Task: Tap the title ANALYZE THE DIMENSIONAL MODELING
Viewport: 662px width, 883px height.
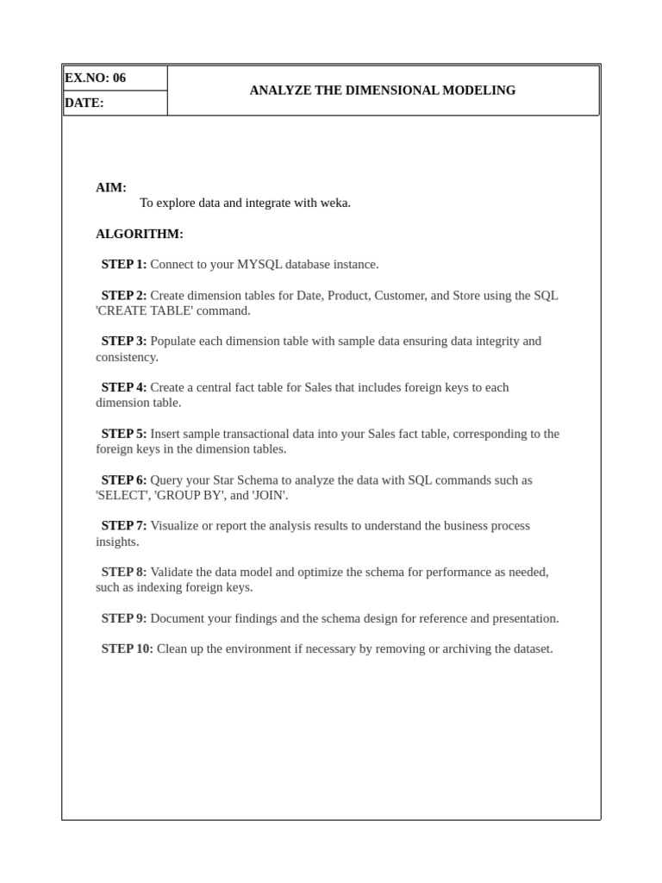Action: [x=382, y=90]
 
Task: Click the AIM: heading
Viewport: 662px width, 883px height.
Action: [x=111, y=187]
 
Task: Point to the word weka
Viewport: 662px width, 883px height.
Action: [x=334, y=203]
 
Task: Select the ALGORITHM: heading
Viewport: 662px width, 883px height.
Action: [x=139, y=234]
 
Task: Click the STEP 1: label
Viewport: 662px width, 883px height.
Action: [x=123, y=264]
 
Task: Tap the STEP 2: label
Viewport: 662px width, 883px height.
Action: [x=123, y=295]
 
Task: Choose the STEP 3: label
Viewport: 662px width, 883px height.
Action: [x=123, y=341]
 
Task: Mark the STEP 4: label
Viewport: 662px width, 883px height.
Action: [x=123, y=387]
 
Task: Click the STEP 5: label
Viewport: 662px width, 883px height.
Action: [x=123, y=433]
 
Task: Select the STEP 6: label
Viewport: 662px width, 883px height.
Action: [x=123, y=479]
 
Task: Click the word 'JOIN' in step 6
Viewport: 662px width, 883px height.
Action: [x=269, y=495]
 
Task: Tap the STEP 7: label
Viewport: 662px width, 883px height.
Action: [x=123, y=525]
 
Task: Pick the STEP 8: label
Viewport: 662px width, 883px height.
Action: [x=123, y=572]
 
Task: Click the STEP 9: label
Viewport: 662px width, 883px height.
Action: [x=123, y=618]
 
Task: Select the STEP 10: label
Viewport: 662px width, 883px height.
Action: [x=127, y=648]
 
